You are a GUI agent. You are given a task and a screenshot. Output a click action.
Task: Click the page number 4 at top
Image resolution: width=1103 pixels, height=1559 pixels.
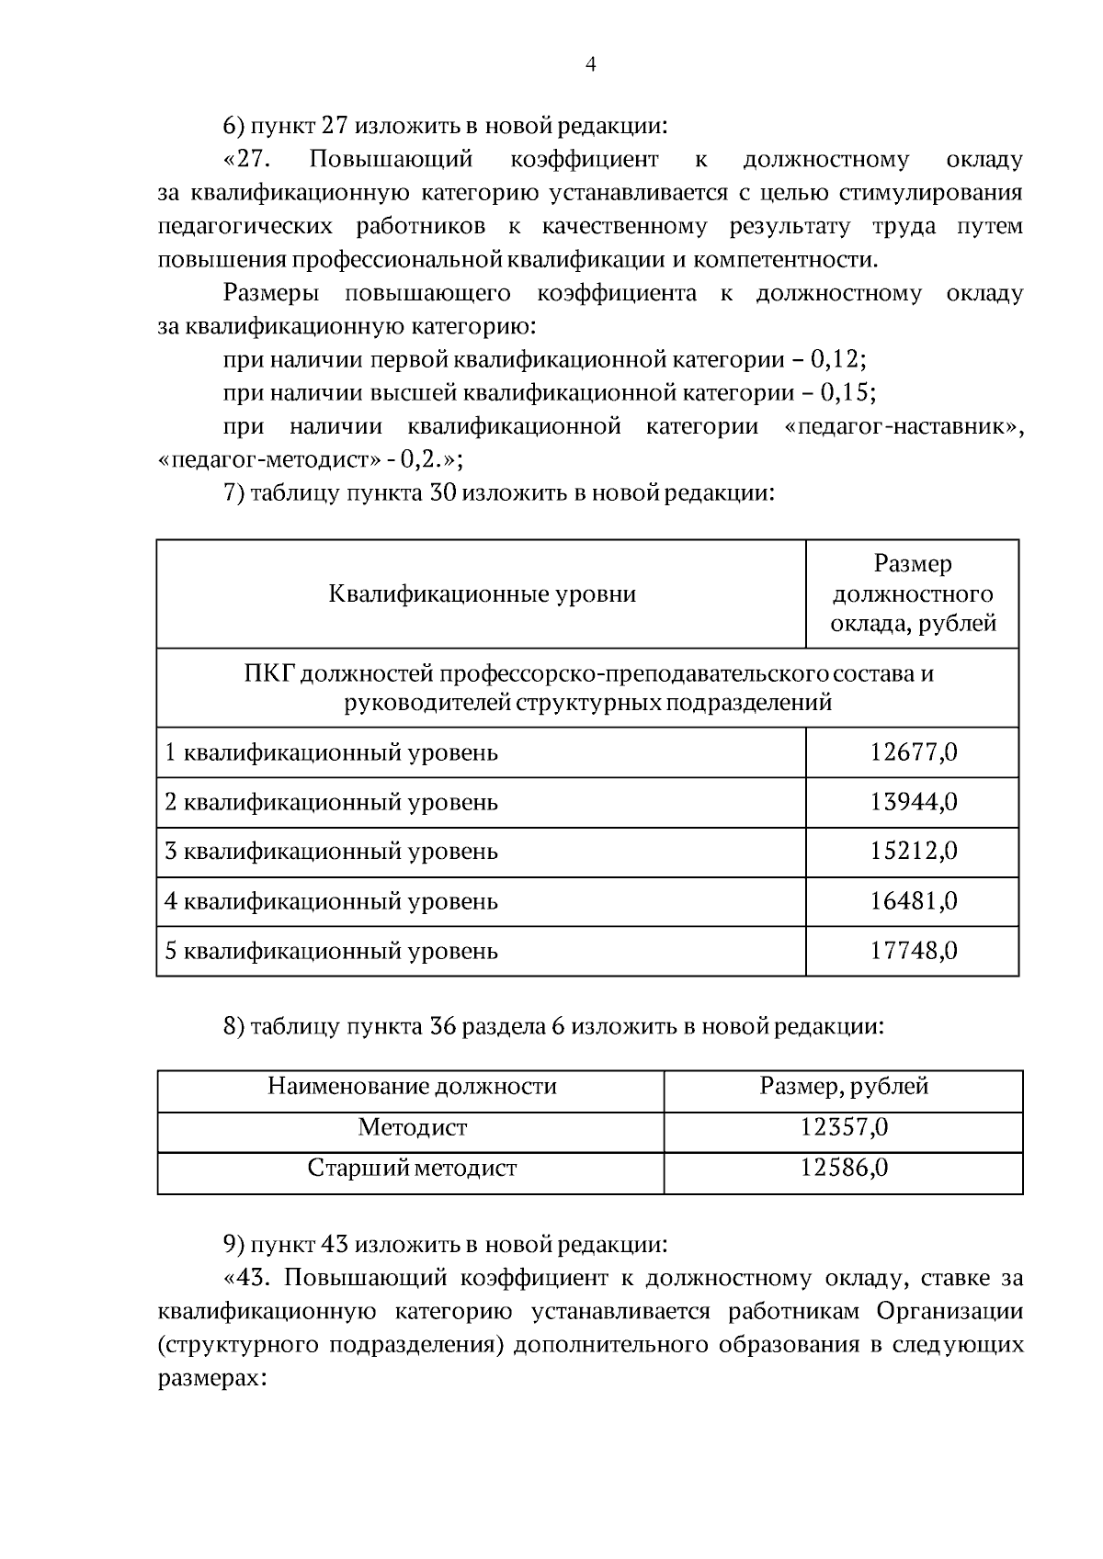tap(590, 64)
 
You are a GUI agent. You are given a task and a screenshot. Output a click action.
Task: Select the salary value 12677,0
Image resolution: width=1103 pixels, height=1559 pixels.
tap(913, 752)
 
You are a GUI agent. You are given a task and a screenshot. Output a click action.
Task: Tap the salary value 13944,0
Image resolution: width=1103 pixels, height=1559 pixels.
tap(913, 802)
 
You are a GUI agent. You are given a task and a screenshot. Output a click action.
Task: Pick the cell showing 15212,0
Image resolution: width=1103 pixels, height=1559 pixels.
tap(913, 852)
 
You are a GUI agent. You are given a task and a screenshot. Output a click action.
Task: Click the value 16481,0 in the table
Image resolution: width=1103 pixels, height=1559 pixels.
tap(913, 901)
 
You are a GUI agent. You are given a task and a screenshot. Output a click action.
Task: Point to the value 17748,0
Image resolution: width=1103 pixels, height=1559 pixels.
tap(913, 951)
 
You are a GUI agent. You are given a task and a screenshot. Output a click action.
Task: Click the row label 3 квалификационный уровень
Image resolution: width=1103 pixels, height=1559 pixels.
tap(331, 852)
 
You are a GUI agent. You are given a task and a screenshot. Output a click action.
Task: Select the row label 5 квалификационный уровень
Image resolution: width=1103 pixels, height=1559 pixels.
tap(331, 951)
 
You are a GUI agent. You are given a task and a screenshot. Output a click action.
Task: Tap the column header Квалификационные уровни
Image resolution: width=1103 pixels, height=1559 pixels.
tap(482, 593)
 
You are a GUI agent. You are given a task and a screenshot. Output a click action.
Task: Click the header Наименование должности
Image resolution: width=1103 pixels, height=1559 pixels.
tap(412, 1087)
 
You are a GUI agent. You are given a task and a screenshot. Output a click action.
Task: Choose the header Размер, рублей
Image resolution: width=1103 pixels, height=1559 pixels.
tap(844, 1087)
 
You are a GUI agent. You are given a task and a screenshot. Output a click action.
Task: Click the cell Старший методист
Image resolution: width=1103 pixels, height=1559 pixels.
tap(412, 1169)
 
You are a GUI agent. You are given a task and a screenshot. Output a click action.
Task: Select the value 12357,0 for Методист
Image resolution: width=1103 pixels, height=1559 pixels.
tap(844, 1127)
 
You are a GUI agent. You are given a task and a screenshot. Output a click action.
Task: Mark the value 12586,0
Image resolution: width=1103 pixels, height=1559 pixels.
tap(844, 1169)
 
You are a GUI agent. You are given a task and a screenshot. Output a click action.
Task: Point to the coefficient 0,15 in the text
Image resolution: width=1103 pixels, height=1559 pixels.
tap(843, 393)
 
